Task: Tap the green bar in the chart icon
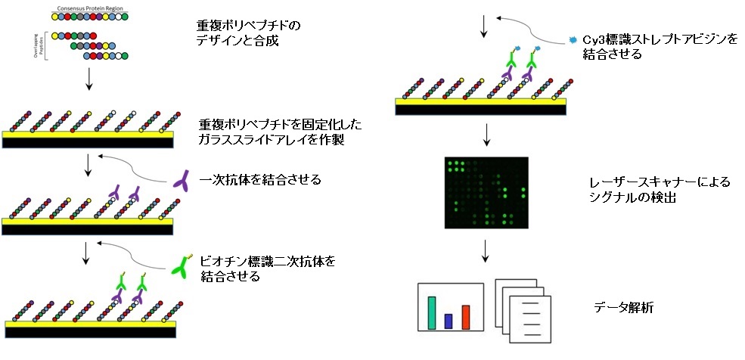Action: [x=431, y=312]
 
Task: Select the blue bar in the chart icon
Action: [x=449, y=321]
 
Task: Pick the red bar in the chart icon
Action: [x=466, y=317]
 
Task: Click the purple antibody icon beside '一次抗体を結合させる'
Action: [x=183, y=180]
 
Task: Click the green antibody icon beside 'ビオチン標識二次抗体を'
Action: [x=183, y=265]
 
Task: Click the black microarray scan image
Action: [x=486, y=193]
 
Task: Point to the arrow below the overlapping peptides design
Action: [x=89, y=79]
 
